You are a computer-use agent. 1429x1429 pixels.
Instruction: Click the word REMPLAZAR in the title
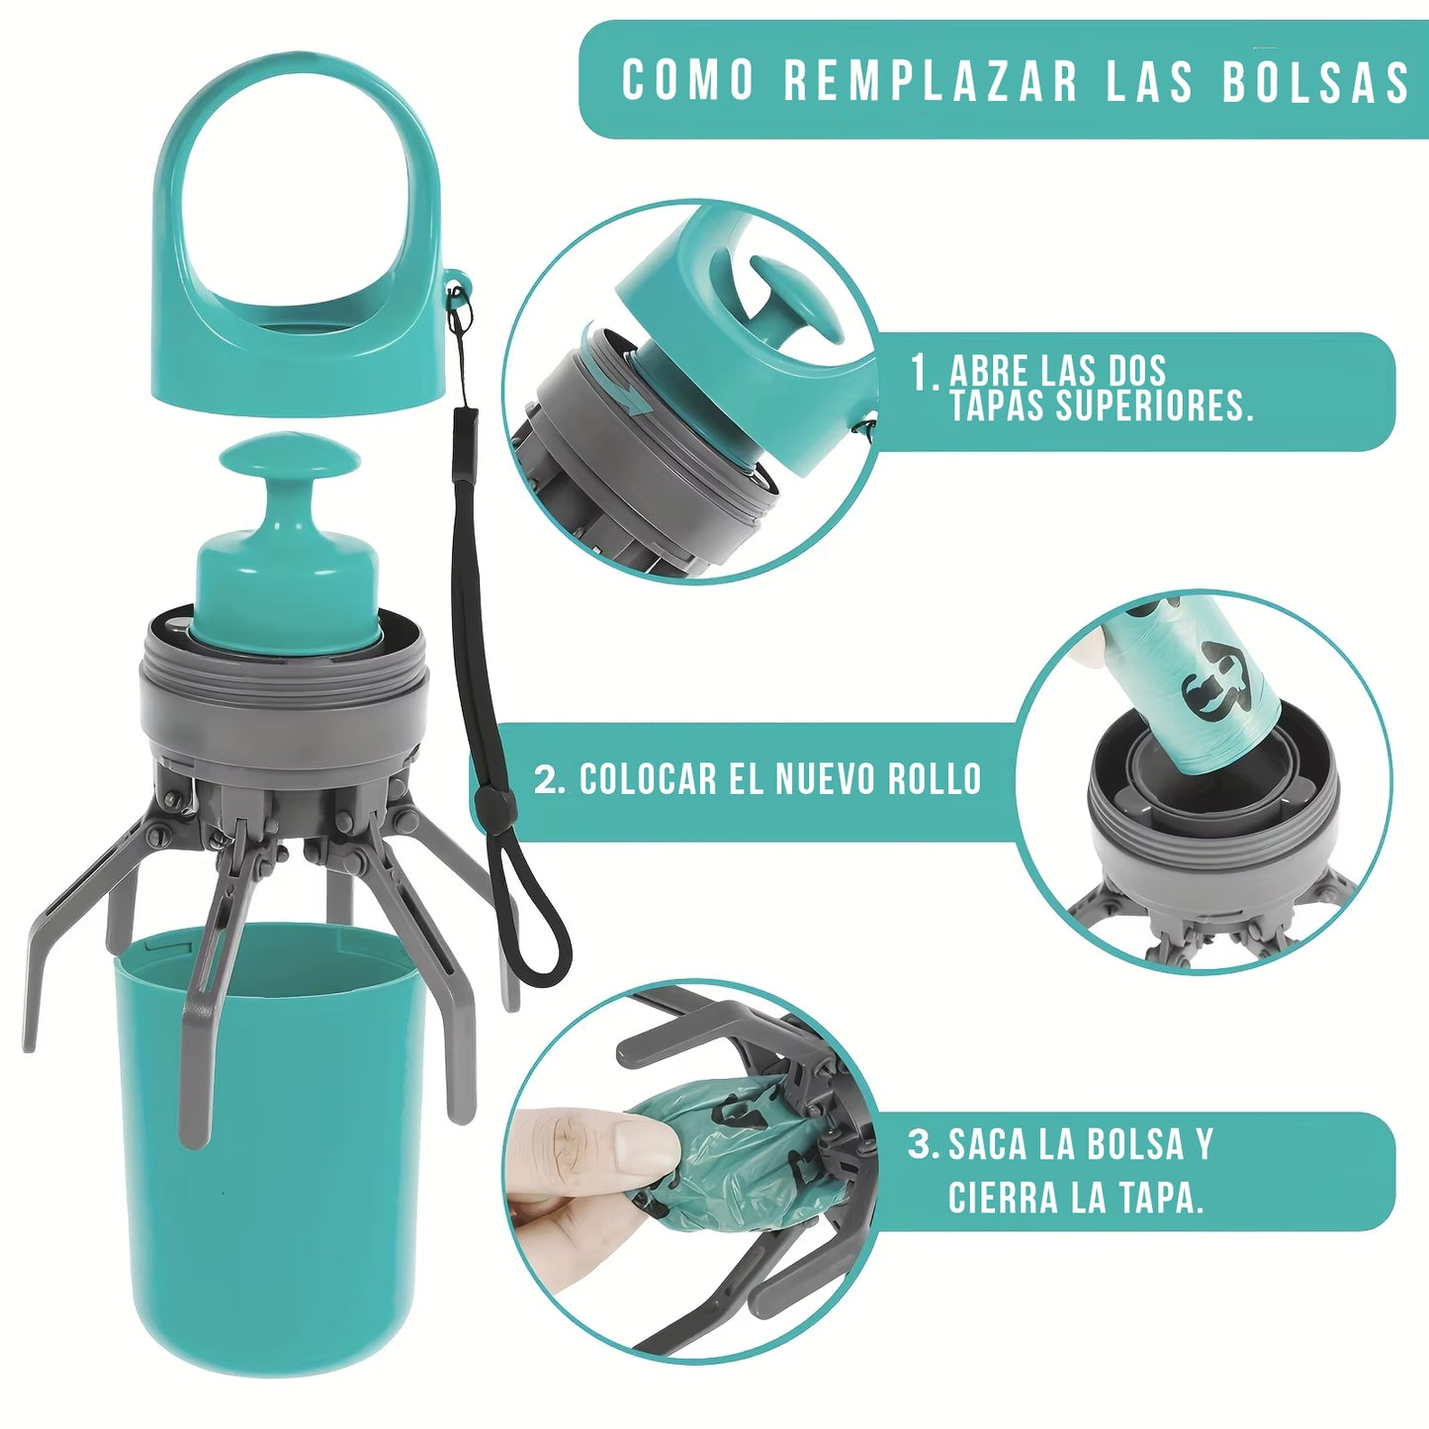930,80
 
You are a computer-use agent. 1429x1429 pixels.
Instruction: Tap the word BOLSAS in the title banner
1314,81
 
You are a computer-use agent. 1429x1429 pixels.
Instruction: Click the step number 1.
922,373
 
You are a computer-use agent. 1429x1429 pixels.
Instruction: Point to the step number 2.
549,779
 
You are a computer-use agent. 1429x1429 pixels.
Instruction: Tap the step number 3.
922,1145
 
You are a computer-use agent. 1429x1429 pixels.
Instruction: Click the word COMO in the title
688,80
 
